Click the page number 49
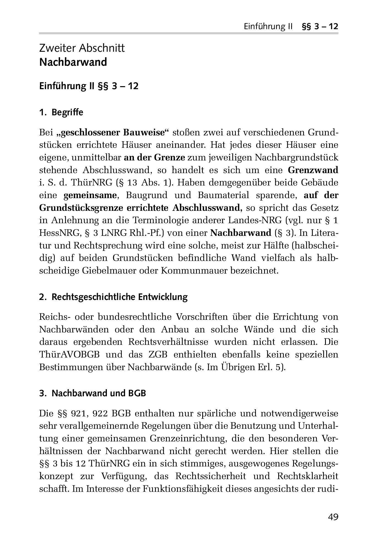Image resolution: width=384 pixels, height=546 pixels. pyautogui.click(x=333, y=517)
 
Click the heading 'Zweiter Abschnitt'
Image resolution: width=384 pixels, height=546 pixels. pyautogui.click(x=82, y=48)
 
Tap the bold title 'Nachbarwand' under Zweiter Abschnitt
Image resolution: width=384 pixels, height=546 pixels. pyautogui.click(x=73, y=62)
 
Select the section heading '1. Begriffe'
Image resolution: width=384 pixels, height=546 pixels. pyautogui.click(x=61, y=113)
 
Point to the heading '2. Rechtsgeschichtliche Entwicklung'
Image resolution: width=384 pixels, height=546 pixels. pyautogui.click(x=113, y=297)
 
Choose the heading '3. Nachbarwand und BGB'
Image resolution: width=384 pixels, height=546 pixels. pyautogui.click(x=93, y=393)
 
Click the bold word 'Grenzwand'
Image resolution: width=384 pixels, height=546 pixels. pyautogui.click(x=313, y=170)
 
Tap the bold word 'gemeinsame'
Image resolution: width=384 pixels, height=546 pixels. pyautogui.click(x=90, y=195)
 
